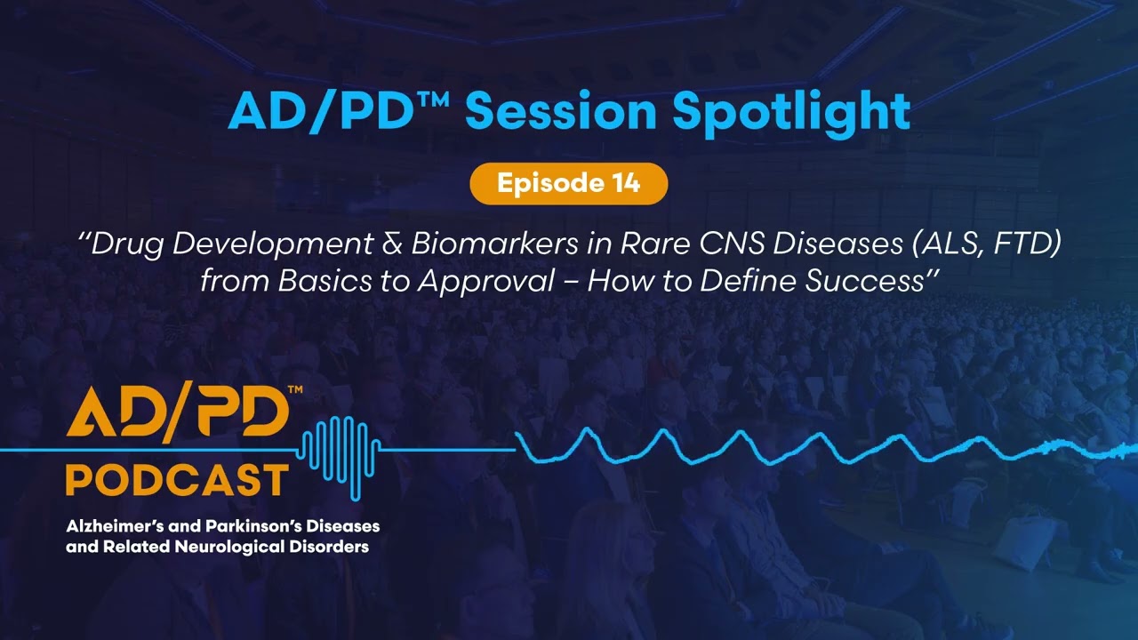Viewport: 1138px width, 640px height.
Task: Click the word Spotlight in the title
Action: pyautogui.click(x=790, y=112)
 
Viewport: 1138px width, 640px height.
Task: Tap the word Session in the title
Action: pyautogui.click(x=559, y=112)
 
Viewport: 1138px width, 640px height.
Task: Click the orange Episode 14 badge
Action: pyautogui.click(x=568, y=184)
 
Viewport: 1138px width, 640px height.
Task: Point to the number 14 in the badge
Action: pyautogui.click(x=625, y=184)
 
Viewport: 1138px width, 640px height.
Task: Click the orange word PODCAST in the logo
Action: pyautogui.click(x=177, y=481)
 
